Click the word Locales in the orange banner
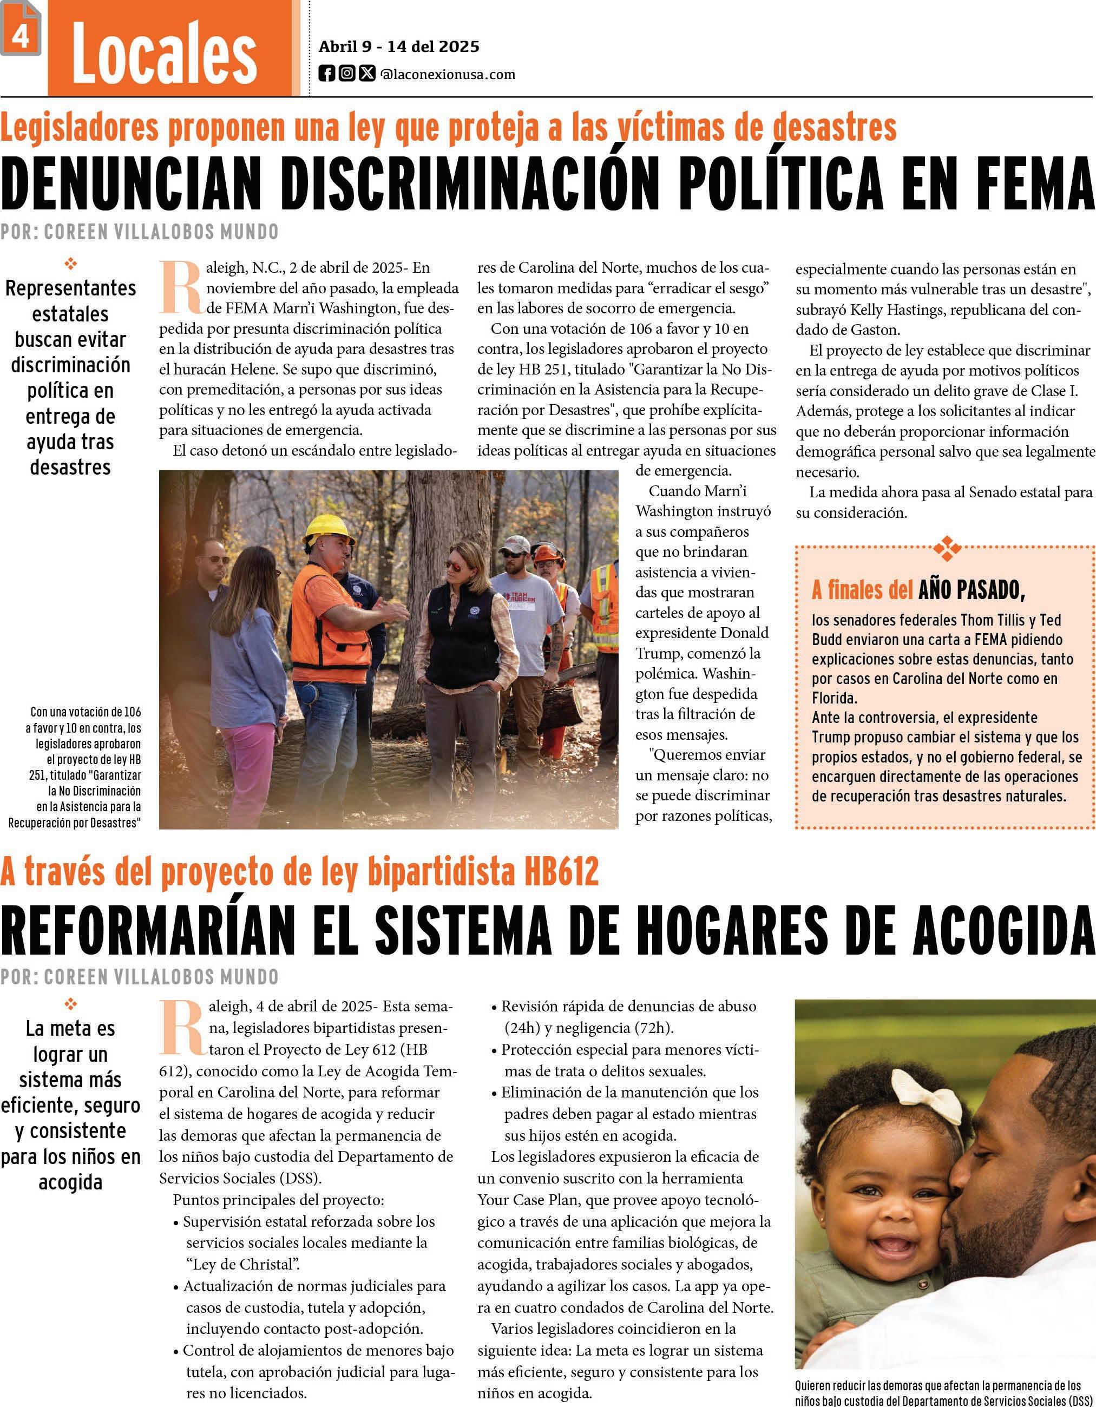[x=165, y=52]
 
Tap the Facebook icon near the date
[x=327, y=74]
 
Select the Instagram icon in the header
[x=346, y=74]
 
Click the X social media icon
[x=366, y=74]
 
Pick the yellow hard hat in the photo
[x=328, y=528]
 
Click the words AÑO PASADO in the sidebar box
[x=972, y=589]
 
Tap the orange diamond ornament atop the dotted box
[x=947, y=548]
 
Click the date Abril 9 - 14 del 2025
[x=399, y=47]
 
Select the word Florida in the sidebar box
[x=834, y=698]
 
